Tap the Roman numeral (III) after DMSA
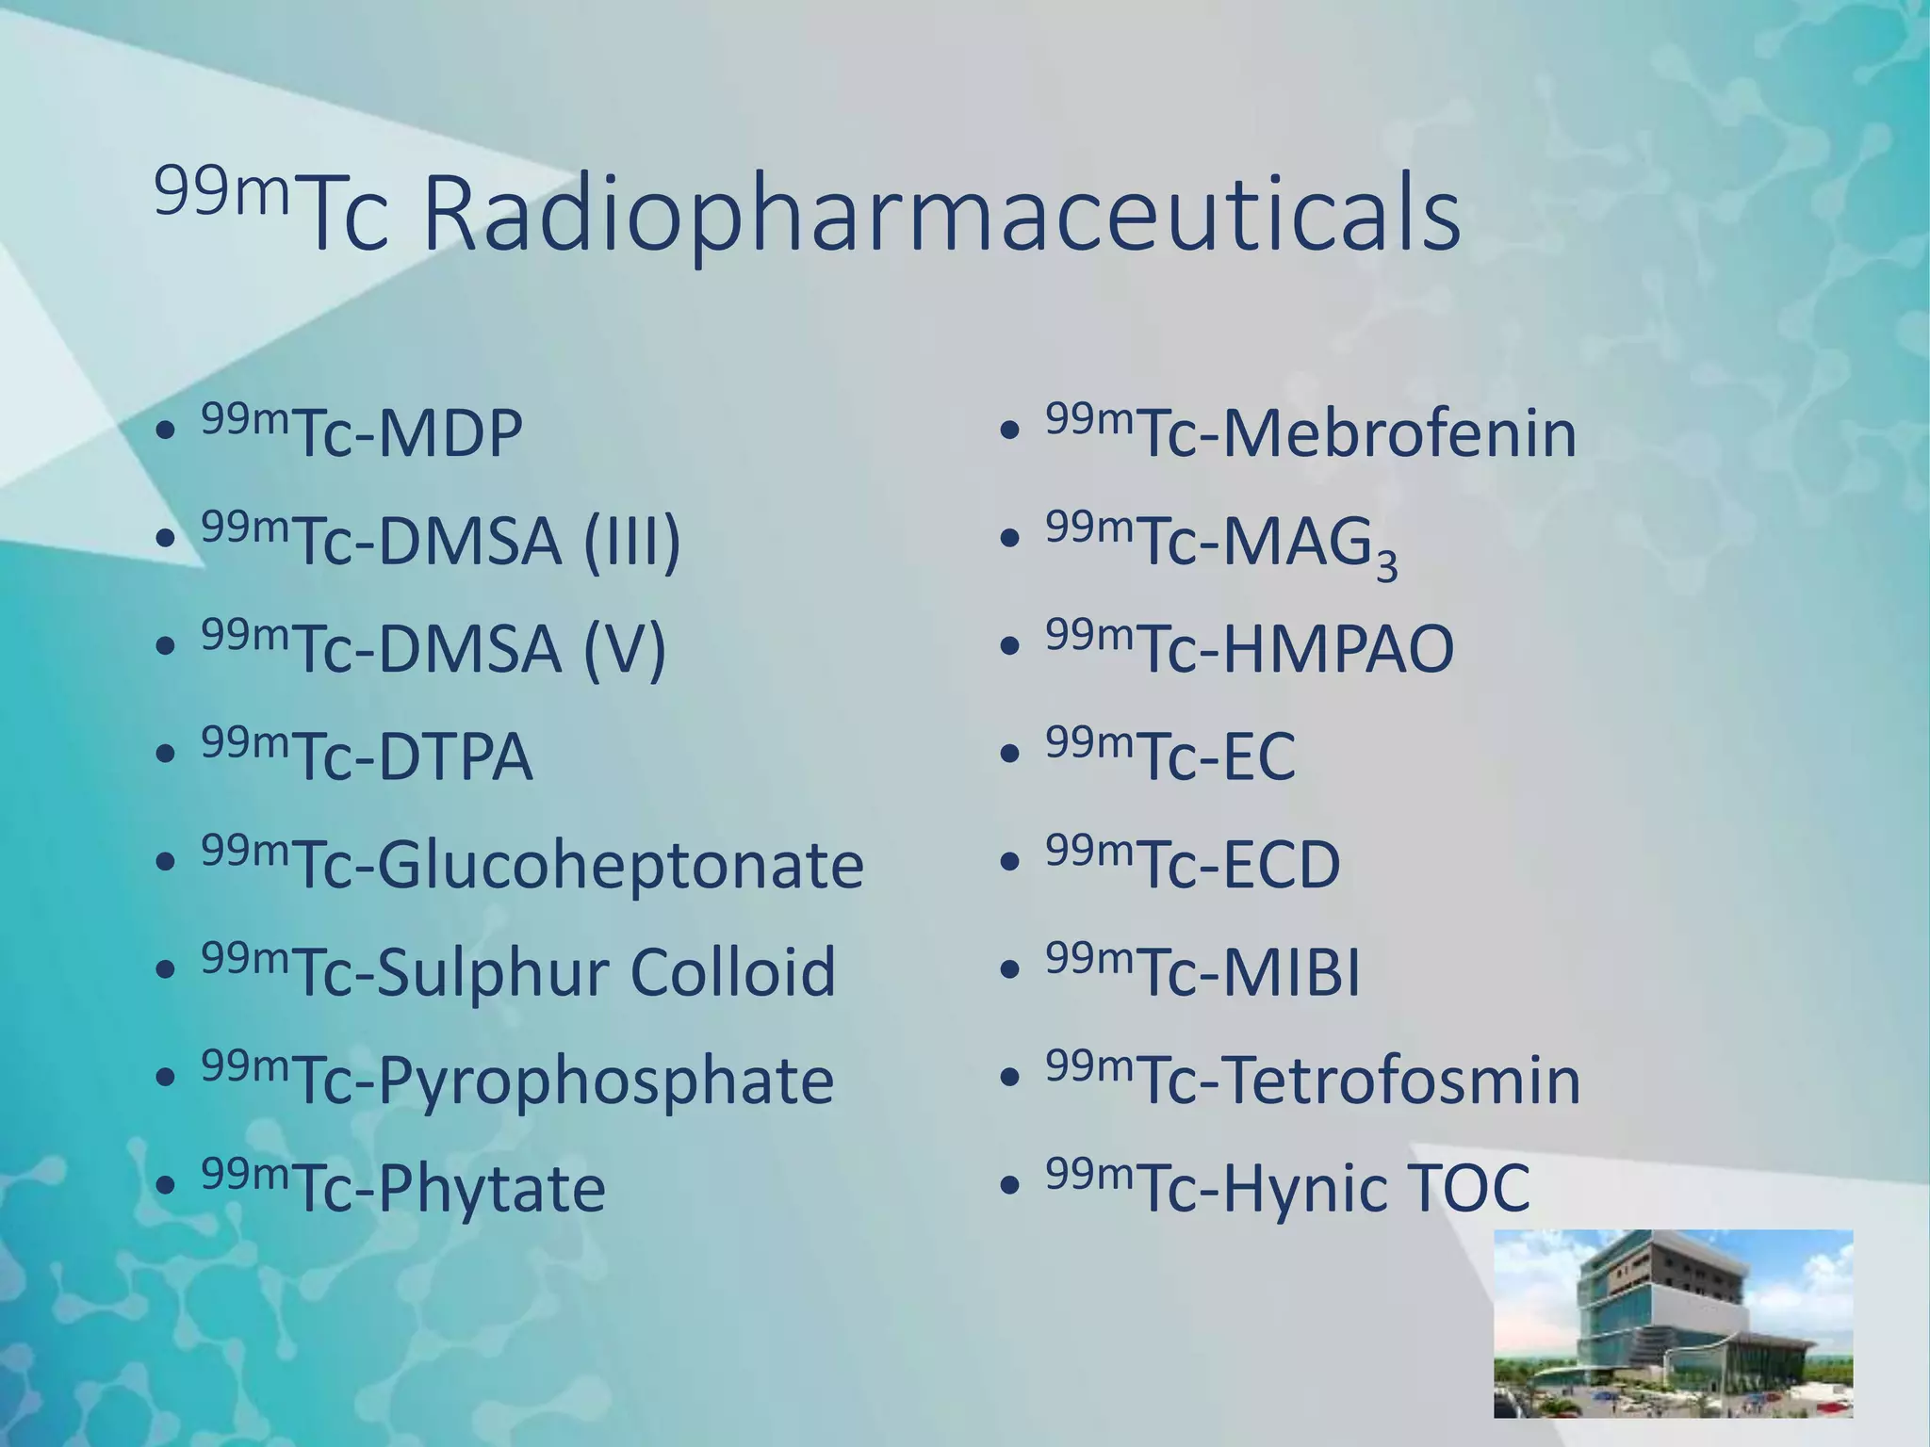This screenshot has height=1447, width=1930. [631, 543]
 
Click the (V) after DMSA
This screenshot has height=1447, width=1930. [624, 650]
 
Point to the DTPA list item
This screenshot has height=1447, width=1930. [455, 758]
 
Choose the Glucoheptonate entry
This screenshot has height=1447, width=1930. [620, 866]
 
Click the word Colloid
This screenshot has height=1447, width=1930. [732, 972]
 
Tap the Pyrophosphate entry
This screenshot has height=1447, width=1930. [605, 1081]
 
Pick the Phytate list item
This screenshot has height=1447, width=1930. [491, 1189]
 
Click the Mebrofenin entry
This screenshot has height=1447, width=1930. [1398, 434]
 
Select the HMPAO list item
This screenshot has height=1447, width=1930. [1338, 650]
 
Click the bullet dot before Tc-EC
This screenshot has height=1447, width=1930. [1009, 755]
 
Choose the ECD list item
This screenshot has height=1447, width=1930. [1281, 866]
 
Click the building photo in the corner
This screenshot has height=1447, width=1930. [1673, 1323]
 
